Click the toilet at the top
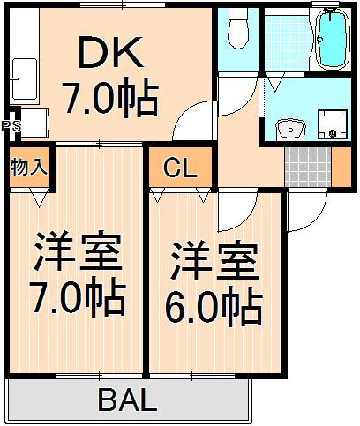pyautogui.click(x=236, y=31)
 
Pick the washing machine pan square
pyautogui.click(x=332, y=124)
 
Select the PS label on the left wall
pyautogui.click(x=11, y=125)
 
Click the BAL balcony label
pyautogui.click(x=127, y=402)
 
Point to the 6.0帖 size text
pyautogui.click(x=213, y=306)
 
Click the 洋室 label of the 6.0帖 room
pyautogui.click(x=213, y=262)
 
